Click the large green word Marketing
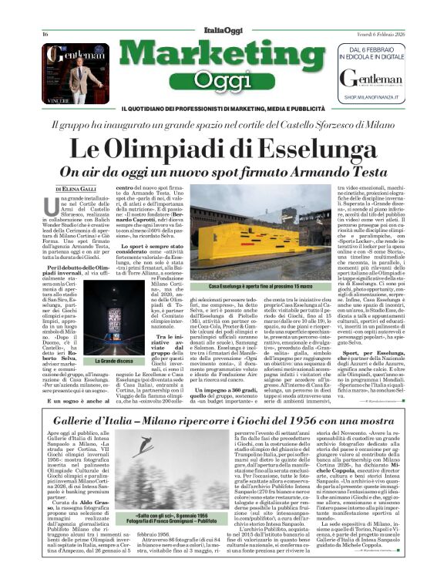tap(223, 56)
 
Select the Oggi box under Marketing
tap(223, 80)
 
